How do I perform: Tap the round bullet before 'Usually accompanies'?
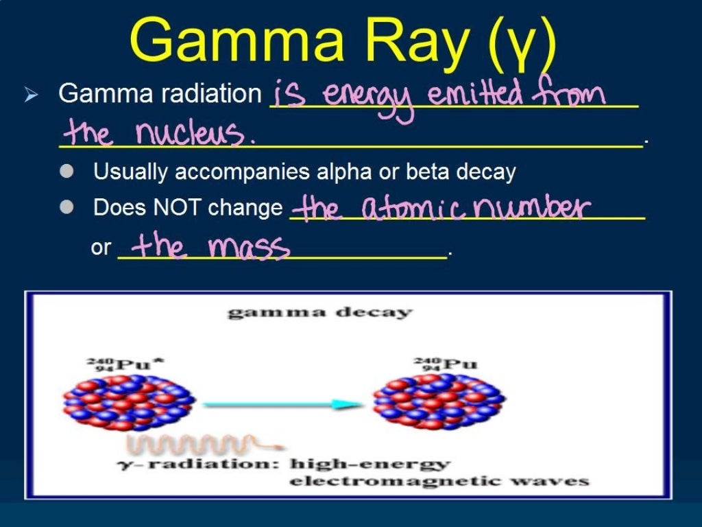coord(66,172)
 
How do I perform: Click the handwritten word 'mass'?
coord(249,247)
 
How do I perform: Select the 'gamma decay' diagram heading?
coord(320,313)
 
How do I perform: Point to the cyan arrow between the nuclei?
coord(282,404)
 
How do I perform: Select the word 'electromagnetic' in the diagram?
coord(381,481)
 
